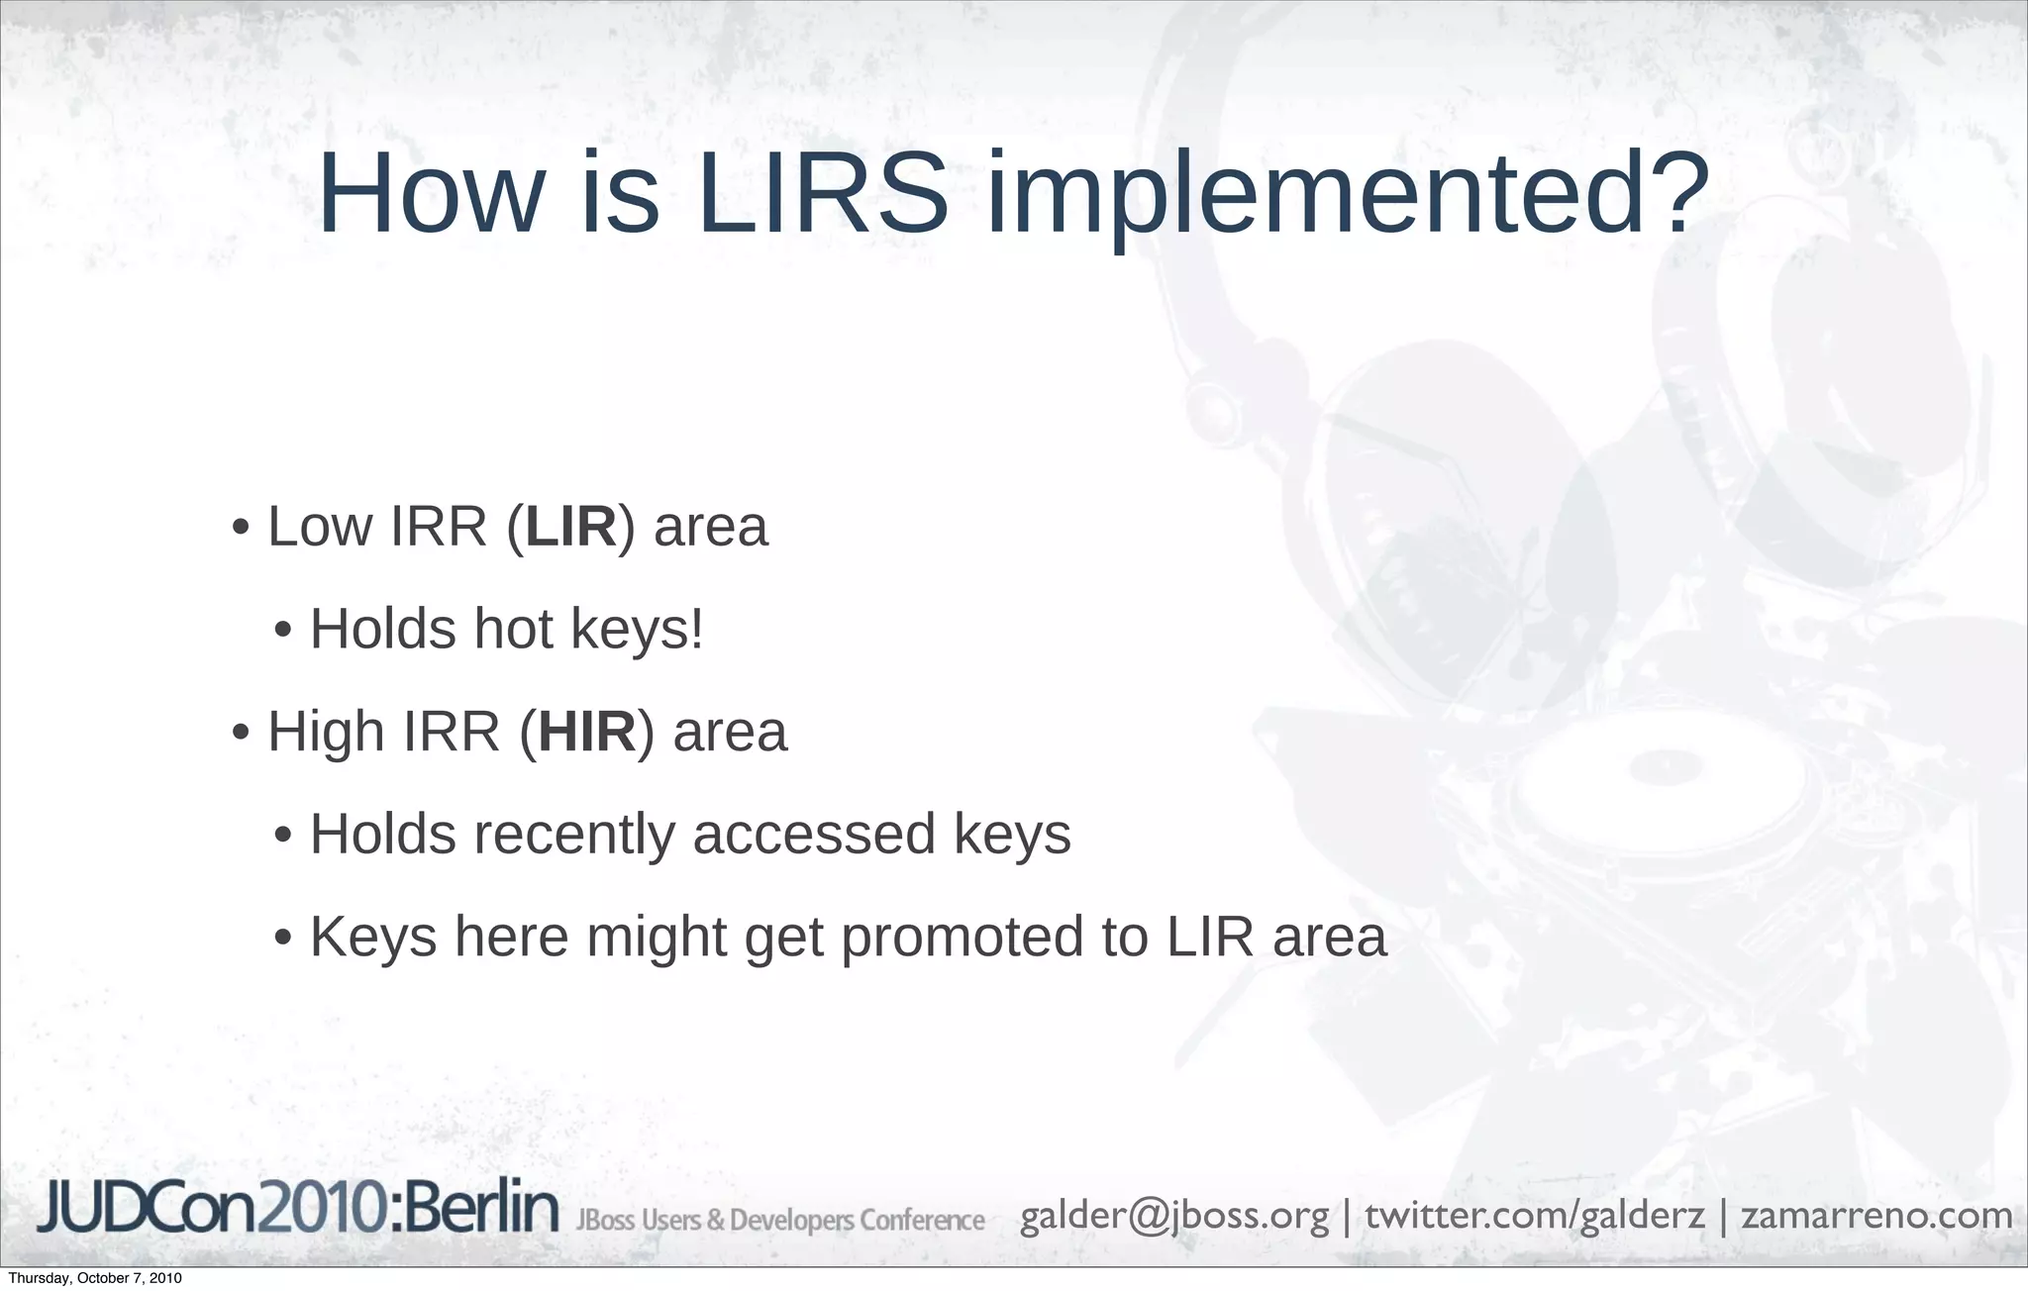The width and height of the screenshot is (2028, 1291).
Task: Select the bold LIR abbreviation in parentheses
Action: click(570, 527)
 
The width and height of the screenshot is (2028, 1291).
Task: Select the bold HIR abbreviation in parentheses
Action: click(587, 733)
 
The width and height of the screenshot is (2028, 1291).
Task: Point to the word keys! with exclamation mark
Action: click(638, 632)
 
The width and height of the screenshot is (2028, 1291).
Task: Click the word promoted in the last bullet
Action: click(963, 938)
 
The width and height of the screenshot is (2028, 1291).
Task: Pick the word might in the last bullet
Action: click(657, 938)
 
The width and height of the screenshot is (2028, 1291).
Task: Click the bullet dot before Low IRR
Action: click(241, 529)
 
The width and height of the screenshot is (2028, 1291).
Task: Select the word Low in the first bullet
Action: click(323, 527)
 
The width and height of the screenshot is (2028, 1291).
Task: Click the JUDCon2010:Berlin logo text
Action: click(298, 1209)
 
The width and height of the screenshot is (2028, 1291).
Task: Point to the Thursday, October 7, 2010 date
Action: click(95, 1278)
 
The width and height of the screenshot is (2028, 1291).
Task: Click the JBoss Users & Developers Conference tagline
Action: click(780, 1220)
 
